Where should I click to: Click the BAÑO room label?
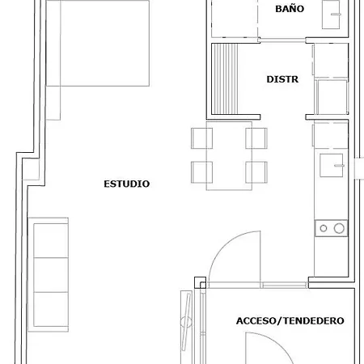click(x=290, y=9)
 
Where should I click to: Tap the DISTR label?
click(x=282, y=79)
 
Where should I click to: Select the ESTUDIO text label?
click(x=127, y=184)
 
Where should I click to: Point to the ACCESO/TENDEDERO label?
click(x=290, y=321)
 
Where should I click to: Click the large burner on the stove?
click(x=339, y=228)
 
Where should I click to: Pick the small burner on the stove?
click(x=324, y=228)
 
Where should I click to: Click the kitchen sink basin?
click(x=332, y=165)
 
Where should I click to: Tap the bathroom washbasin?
click(x=331, y=15)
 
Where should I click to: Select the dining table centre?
click(x=229, y=156)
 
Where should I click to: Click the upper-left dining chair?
click(x=201, y=138)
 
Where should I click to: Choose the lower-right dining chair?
click(x=256, y=172)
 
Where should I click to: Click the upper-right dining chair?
click(x=256, y=138)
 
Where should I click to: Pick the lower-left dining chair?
click(x=201, y=172)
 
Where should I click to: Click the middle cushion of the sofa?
click(x=51, y=275)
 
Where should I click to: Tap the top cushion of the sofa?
click(x=51, y=240)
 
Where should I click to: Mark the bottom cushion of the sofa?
click(x=51, y=309)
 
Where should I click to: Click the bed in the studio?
click(x=98, y=43)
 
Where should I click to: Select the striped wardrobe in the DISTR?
click(x=225, y=79)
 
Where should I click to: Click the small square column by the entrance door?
click(x=201, y=282)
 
